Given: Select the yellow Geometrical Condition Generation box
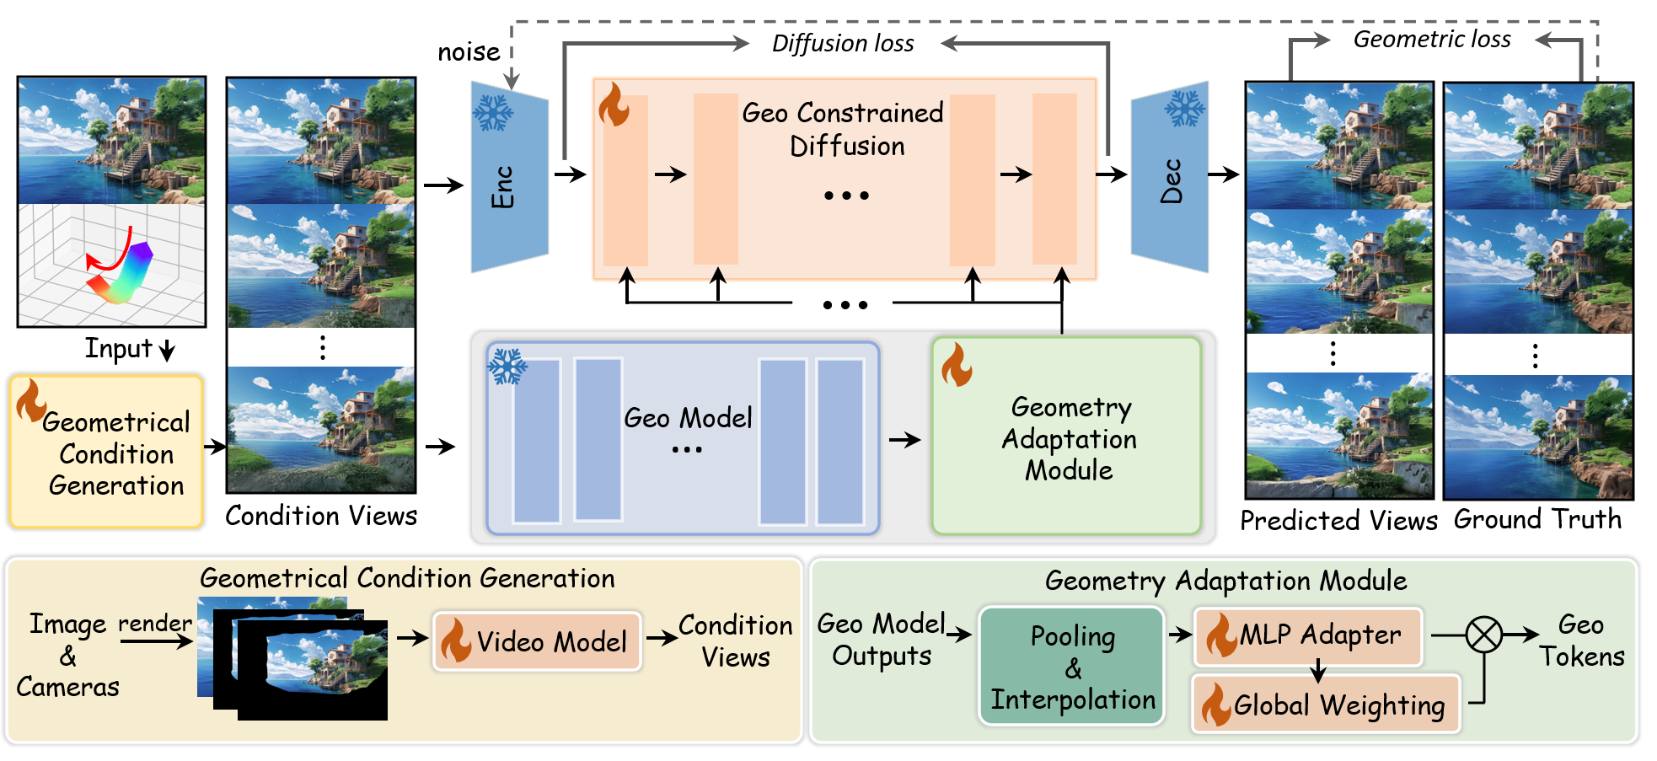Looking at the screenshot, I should (107, 452).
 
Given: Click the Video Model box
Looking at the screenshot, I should (537, 641).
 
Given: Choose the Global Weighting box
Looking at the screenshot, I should (1325, 705).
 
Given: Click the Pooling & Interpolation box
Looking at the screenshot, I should (1071, 667).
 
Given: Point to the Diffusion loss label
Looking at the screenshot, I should (843, 44).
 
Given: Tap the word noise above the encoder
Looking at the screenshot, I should (469, 52).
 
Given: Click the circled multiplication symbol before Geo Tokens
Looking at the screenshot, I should (1483, 635).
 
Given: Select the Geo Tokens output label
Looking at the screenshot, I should (1581, 640).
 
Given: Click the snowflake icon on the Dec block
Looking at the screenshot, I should (1185, 108).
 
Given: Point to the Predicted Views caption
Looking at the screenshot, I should (1338, 521).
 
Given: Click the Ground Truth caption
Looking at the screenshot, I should (1537, 519).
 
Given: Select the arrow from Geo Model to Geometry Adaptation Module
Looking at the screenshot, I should (904, 439).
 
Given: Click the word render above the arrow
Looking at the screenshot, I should (155, 623).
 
